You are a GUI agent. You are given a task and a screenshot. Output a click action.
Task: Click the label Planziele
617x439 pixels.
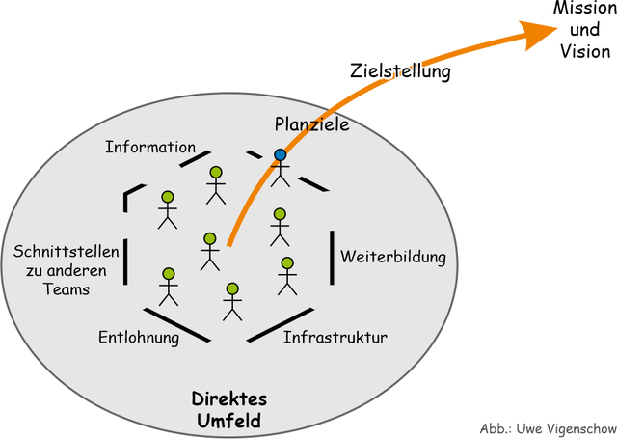click(310, 124)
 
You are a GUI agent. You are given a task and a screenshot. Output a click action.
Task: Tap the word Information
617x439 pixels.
click(150, 147)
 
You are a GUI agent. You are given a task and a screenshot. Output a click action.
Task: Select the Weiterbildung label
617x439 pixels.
click(393, 257)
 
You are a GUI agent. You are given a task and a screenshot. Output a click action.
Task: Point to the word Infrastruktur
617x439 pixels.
click(335, 338)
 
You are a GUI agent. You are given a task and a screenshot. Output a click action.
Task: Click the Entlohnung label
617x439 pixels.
click(139, 338)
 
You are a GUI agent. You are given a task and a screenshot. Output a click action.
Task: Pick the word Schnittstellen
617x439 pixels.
click(67, 251)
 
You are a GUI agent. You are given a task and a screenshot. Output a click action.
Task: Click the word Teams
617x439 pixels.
click(67, 288)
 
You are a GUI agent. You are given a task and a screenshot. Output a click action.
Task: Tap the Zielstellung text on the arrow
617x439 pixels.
click(400, 70)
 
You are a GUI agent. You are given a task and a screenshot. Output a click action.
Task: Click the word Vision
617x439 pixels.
click(584, 51)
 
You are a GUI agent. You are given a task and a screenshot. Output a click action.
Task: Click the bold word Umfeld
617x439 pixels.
click(229, 421)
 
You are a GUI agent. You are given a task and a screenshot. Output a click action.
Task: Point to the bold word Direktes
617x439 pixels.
click(229, 399)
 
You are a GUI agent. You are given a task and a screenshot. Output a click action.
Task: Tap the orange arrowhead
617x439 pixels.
click(540, 35)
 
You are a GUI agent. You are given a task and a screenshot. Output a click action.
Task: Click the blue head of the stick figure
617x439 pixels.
click(280, 154)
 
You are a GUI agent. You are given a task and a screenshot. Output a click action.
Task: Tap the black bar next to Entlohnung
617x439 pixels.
click(177, 324)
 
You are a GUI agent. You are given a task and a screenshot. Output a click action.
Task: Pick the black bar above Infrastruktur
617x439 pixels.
click(282, 324)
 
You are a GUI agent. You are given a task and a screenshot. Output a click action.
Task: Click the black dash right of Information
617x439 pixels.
click(194, 156)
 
